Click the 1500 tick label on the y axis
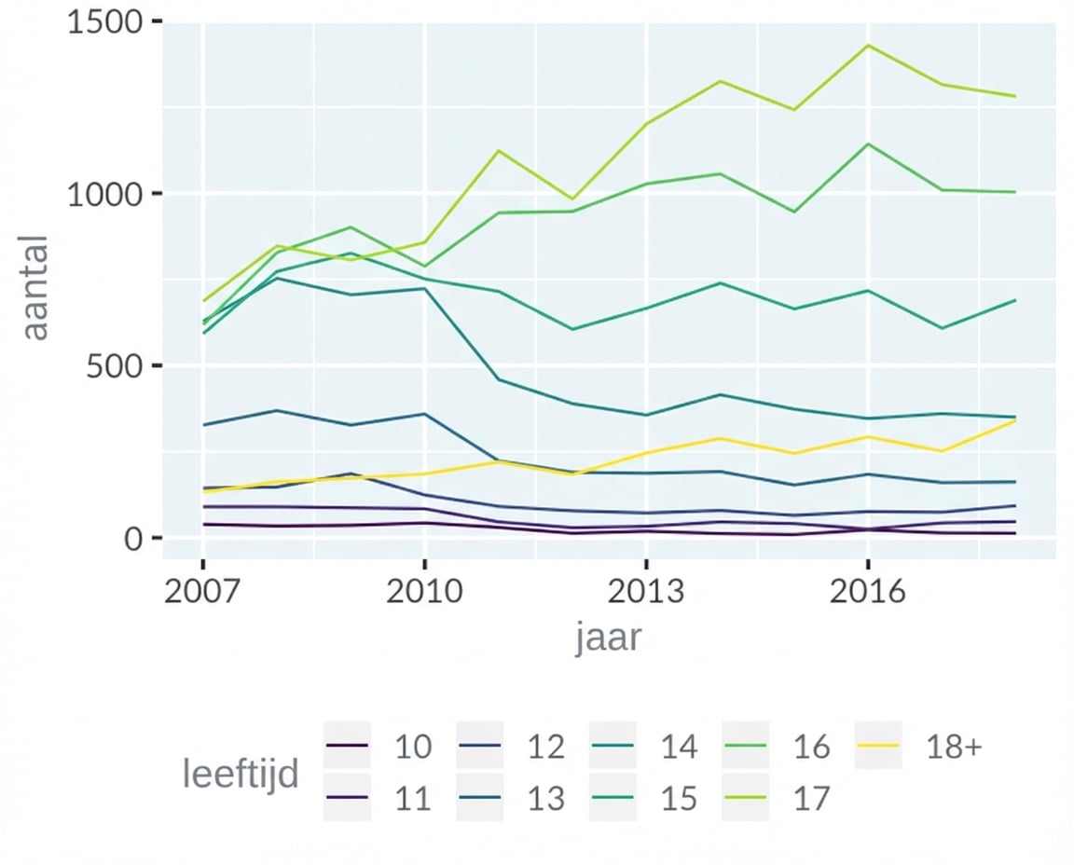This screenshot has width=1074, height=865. click(101, 21)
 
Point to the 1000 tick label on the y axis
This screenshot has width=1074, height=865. click(101, 194)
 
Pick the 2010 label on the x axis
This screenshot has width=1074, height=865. click(424, 591)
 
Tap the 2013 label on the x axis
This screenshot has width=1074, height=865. click(646, 591)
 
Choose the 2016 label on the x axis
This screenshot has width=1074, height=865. click(868, 591)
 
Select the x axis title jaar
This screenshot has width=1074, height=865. click(608, 639)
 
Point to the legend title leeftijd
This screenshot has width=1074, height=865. click(241, 774)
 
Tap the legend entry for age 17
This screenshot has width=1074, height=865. click(810, 799)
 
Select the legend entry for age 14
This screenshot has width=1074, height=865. click(678, 747)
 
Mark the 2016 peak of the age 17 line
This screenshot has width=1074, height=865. click(868, 45)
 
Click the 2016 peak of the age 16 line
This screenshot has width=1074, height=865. click(868, 144)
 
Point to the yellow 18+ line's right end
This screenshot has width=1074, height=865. click(1015, 420)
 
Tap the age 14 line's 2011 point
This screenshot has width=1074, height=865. click(499, 379)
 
